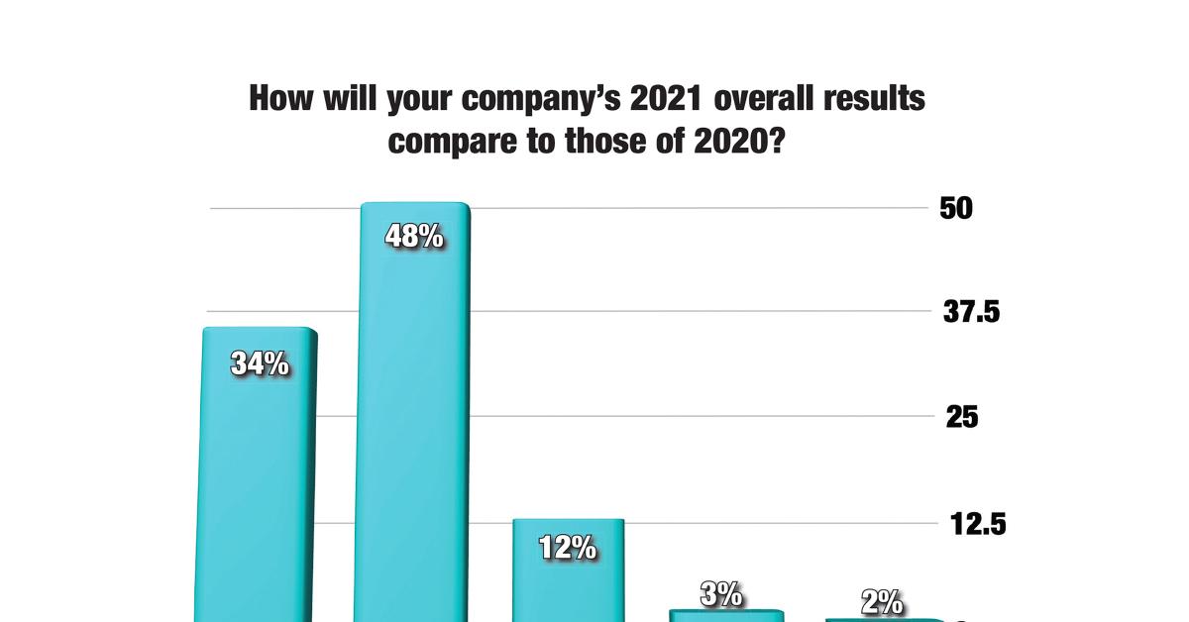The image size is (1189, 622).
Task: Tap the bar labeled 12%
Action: click(x=568, y=584)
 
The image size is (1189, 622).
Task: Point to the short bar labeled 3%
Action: click(x=726, y=616)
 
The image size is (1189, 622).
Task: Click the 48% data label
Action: click(x=413, y=238)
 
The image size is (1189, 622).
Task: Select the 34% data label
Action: click(x=260, y=363)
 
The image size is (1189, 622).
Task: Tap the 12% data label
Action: click(x=568, y=548)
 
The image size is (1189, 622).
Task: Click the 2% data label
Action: click(x=881, y=601)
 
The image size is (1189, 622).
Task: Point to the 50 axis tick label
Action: click(x=958, y=208)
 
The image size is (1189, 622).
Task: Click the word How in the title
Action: click(x=278, y=100)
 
